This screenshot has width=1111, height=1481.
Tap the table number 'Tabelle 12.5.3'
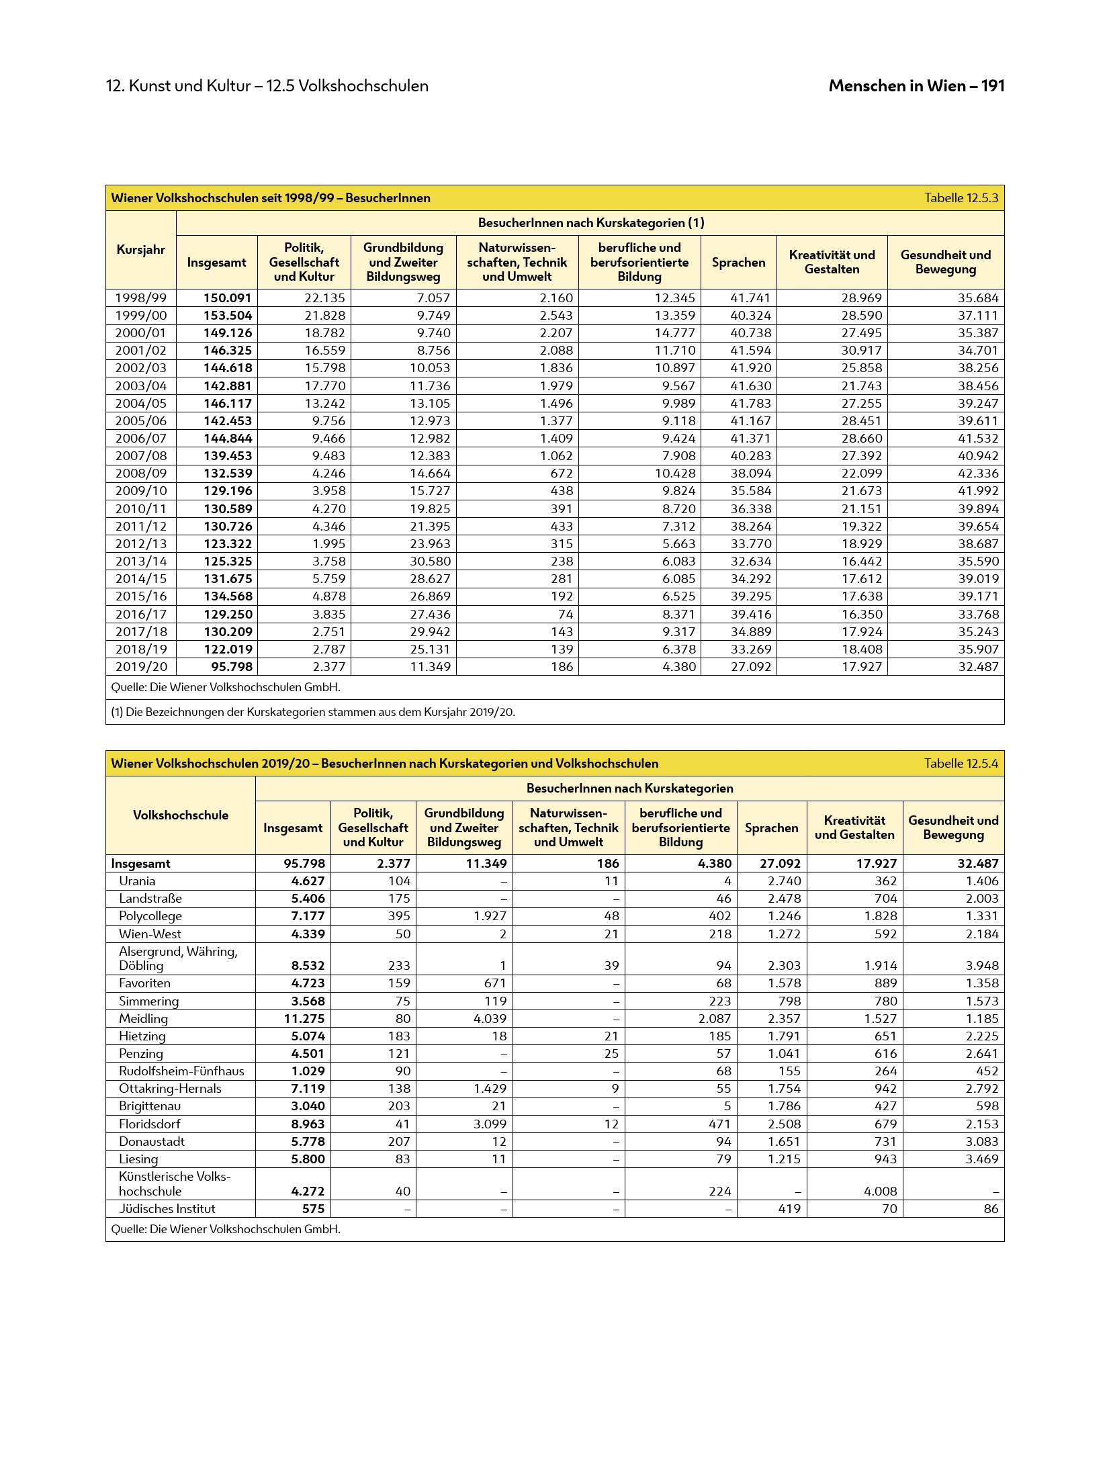(x=961, y=198)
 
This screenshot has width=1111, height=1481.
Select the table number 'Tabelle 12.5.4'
(x=961, y=764)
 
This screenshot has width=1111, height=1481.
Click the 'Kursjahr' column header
(x=141, y=250)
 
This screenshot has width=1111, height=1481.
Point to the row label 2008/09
(x=141, y=474)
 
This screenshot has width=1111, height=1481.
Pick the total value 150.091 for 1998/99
(x=228, y=298)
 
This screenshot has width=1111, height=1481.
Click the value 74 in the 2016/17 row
(x=566, y=614)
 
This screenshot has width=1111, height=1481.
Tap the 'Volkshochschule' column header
(x=181, y=815)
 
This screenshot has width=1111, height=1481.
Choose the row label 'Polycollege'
(x=150, y=916)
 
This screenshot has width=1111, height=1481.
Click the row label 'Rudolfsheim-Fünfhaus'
(x=181, y=1071)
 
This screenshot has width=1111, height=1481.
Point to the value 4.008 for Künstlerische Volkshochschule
(x=880, y=1191)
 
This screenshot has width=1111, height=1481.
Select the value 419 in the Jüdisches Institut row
(x=789, y=1209)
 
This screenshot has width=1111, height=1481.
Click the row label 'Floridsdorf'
(x=150, y=1124)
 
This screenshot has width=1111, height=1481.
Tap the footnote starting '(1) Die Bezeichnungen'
(x=313, y=712)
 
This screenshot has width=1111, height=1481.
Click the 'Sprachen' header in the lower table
(x=771, y=828)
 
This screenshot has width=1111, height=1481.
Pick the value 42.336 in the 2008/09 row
(x=978, y=474)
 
